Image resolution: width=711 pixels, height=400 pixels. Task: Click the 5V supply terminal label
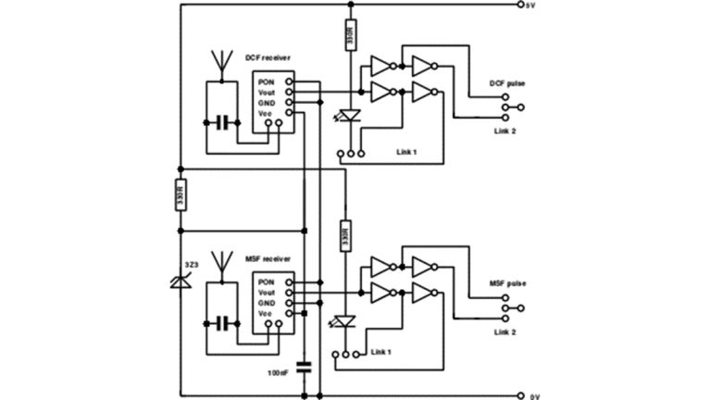tap(530, 6)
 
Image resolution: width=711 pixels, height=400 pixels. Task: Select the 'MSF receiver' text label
tap(268, 259)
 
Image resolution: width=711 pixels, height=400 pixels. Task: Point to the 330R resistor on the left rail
tap(180, 196)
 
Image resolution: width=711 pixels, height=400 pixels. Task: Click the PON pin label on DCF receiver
tap(268, 81)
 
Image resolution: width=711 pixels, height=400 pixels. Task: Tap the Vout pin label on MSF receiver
tap(268, 293)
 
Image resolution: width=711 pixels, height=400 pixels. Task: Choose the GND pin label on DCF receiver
tap(268, 103)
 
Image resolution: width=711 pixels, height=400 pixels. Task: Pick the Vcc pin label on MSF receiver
tap(267, 314)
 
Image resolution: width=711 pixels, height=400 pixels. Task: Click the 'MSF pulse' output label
tap(508, 284)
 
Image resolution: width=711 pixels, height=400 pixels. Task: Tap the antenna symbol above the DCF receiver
tap(220, 61)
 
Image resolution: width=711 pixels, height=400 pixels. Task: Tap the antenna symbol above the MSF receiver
tap(220, 263)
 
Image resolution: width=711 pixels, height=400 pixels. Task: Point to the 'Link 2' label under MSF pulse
tap(505, 331)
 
